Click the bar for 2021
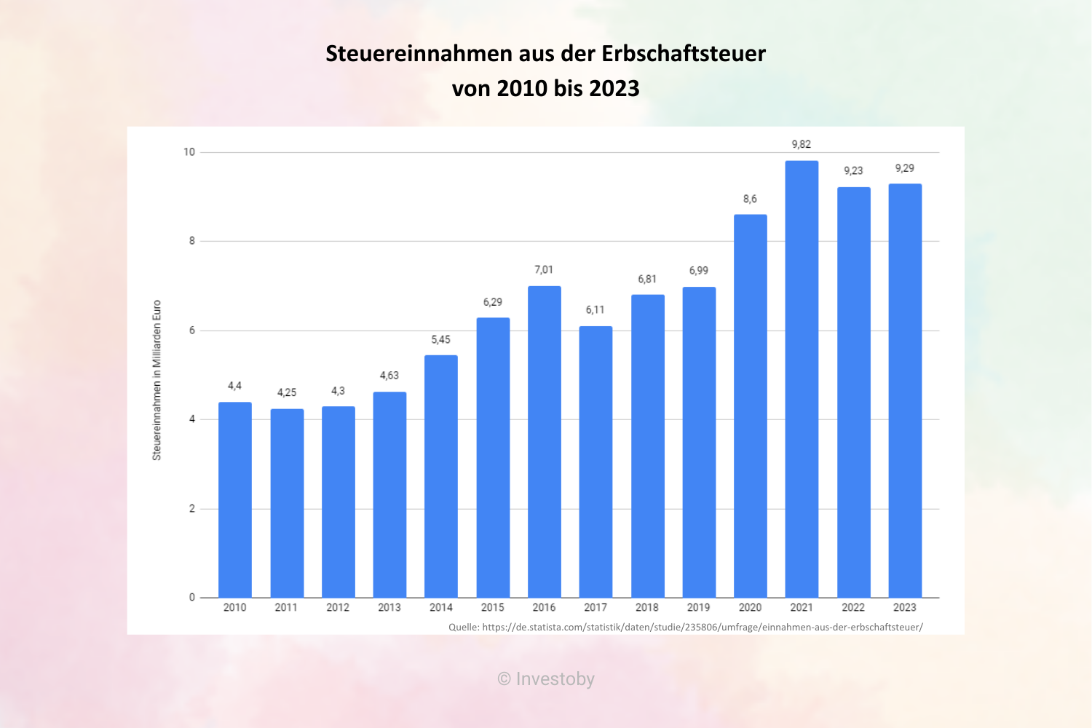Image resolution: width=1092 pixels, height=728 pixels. pyautogui.click(x=802, y=379)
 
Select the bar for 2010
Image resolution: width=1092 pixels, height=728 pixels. pyautogui.click(x=234, y=499)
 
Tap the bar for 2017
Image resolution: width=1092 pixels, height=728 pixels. pyautogui.click(x=596, y=462)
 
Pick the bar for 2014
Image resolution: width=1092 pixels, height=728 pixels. pyautogui.click(x=441, y=476)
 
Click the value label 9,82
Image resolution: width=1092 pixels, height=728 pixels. pyautogui.click(x=802, y=144)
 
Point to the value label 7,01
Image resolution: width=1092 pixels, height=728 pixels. pyautogui.click(x=544, y=269)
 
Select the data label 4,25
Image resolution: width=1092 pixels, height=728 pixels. pyautogui.click(x=287, y=392)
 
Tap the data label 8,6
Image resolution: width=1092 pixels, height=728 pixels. pyautogui.click(x=750, y=199)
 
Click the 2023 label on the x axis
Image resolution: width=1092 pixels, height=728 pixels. pyautogui.click(x=905, y=607)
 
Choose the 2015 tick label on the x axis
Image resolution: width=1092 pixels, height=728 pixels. pyautogui.click(x=492, y=607)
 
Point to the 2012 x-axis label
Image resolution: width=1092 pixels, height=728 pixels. pyautogui.click(x=338, y=607)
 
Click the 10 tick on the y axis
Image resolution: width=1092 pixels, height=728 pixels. pyautogui.click(x=189, y=152)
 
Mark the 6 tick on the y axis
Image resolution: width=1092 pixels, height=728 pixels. pyautogui.click(x=192, y=331)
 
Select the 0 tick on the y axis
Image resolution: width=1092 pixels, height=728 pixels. pyautogui.click(x=192, y=598)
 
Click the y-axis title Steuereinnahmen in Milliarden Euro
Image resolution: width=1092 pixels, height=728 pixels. pyautogui.click(x=157, y=380)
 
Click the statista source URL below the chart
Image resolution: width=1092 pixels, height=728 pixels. pyautogui.click(x=702, y=627)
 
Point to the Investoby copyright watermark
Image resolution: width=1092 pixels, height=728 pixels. pyautogui.click(x=546, y=679)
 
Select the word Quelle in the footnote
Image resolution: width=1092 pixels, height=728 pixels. pyautogui.click(x=463, y=627)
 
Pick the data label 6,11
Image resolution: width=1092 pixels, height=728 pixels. pyautogui.click(x=596, y=310)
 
